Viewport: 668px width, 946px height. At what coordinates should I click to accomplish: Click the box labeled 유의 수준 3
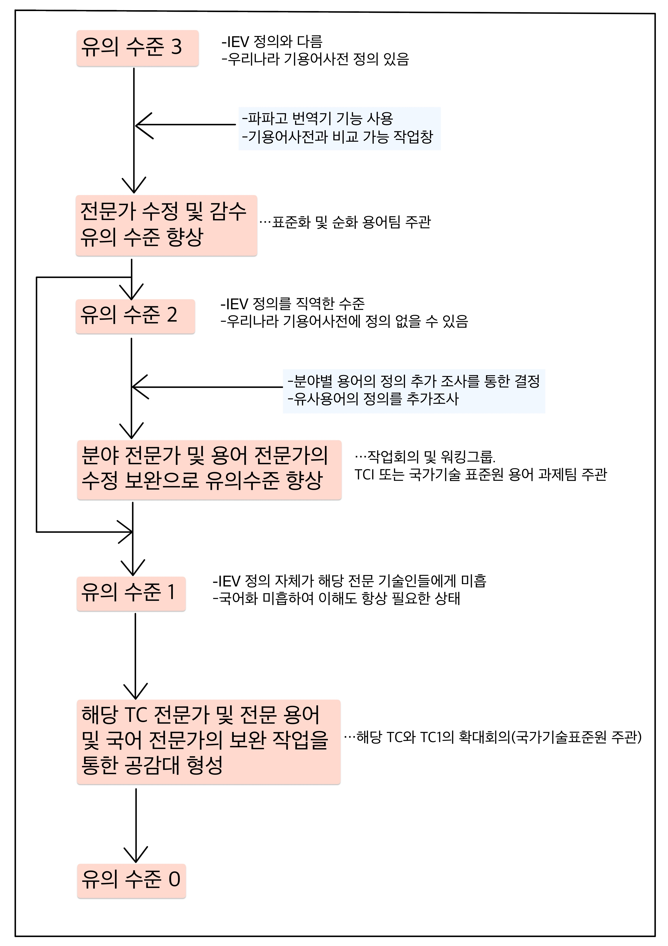[137, 48]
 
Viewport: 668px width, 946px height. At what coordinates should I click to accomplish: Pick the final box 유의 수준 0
[132, 881]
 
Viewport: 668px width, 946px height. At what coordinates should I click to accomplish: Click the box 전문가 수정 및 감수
[166, 225]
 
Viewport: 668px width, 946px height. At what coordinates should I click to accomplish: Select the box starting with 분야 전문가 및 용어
[209, 470]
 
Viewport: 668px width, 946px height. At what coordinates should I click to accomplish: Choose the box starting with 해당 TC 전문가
[209, 742]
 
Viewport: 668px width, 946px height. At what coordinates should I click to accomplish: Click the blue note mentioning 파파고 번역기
[340, 129]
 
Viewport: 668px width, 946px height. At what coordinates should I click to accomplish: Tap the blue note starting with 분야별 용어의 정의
[414, 391]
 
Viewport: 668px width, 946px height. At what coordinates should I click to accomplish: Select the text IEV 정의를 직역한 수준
[293, 304]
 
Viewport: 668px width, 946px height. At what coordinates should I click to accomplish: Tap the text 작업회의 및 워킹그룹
[425, 456]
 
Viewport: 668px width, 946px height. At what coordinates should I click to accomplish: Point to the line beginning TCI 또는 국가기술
[481, 475]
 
